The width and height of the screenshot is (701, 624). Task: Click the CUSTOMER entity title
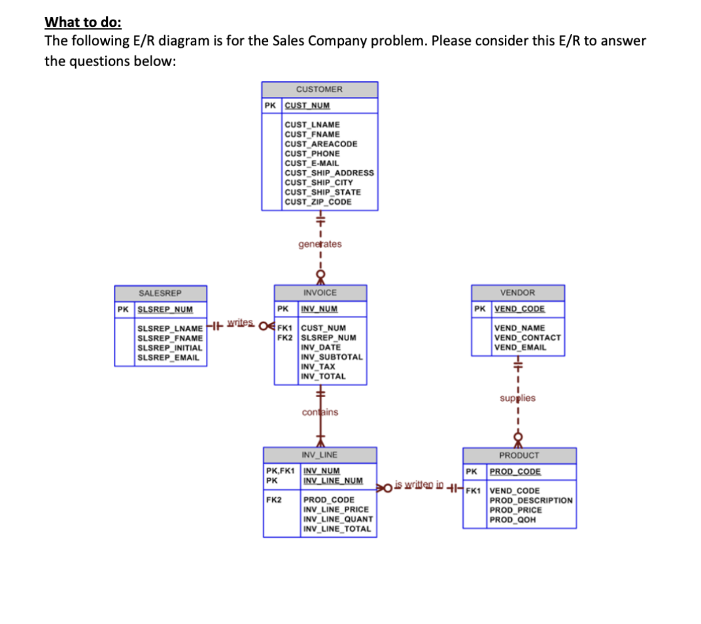(319, 89)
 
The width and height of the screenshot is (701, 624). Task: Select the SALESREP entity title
(160, 293)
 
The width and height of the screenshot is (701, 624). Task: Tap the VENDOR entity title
(517, 292)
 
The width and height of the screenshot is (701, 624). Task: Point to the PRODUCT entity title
(519, 455)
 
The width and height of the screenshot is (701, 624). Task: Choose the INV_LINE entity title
(320, 455)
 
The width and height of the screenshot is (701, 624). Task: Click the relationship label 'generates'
(320, 244)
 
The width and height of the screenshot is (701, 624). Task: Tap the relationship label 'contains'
(320, 412)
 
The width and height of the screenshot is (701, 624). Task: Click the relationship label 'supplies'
(517, 398)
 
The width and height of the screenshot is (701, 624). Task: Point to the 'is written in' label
(419, 485)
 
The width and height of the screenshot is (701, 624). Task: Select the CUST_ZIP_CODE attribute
(318, 201)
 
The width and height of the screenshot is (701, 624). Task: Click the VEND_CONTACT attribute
(527, 338)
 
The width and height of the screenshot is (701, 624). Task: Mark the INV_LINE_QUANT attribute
(337, 519)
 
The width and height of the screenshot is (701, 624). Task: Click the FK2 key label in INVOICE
(284, 338)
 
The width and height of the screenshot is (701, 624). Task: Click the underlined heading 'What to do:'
(82, 22)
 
